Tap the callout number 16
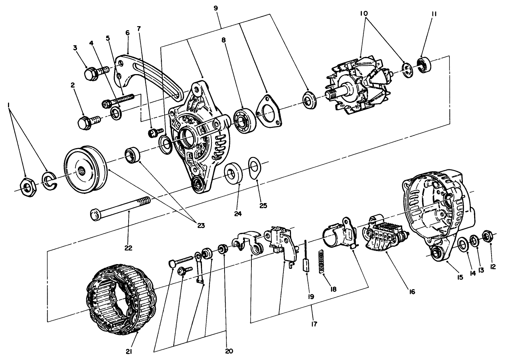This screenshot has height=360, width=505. pos(411,291)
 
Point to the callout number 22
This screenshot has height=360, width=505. pos(128,248)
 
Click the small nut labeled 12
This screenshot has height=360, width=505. pos(488,237)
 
